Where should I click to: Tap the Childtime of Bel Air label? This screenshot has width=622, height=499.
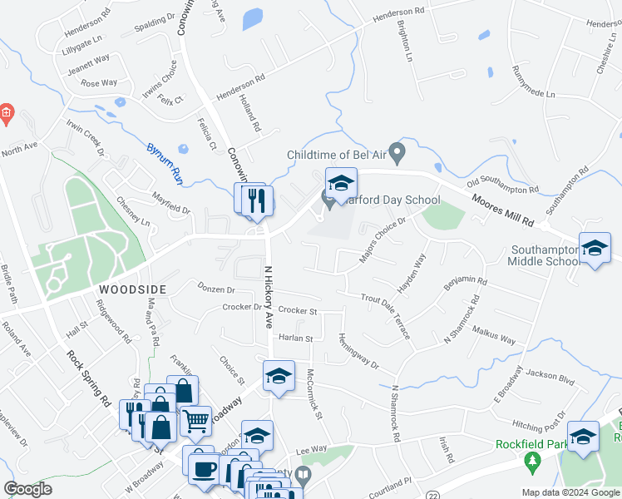pyautogui.click(x=337, y=155)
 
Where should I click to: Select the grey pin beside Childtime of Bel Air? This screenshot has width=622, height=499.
pyautogui.click(x=397, y=153)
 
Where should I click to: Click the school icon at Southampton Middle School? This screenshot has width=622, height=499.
pyautogui.click(x=595, y=249)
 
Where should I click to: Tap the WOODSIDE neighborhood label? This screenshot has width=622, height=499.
pyautogui.click(x=133, y=289)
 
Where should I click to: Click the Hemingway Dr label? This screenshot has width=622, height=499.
pyautogui.click(x=358, y=352)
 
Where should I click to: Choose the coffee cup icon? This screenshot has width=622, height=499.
pyautogui.click(x=203, y=467)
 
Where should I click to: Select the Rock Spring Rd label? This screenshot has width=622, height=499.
pyautogui.click(x=88, y=378)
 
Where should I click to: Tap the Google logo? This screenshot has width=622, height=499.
pyautogui.click(x=27, y=489)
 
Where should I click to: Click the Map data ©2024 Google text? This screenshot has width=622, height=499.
pyautogui.click(x=570, y=492)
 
